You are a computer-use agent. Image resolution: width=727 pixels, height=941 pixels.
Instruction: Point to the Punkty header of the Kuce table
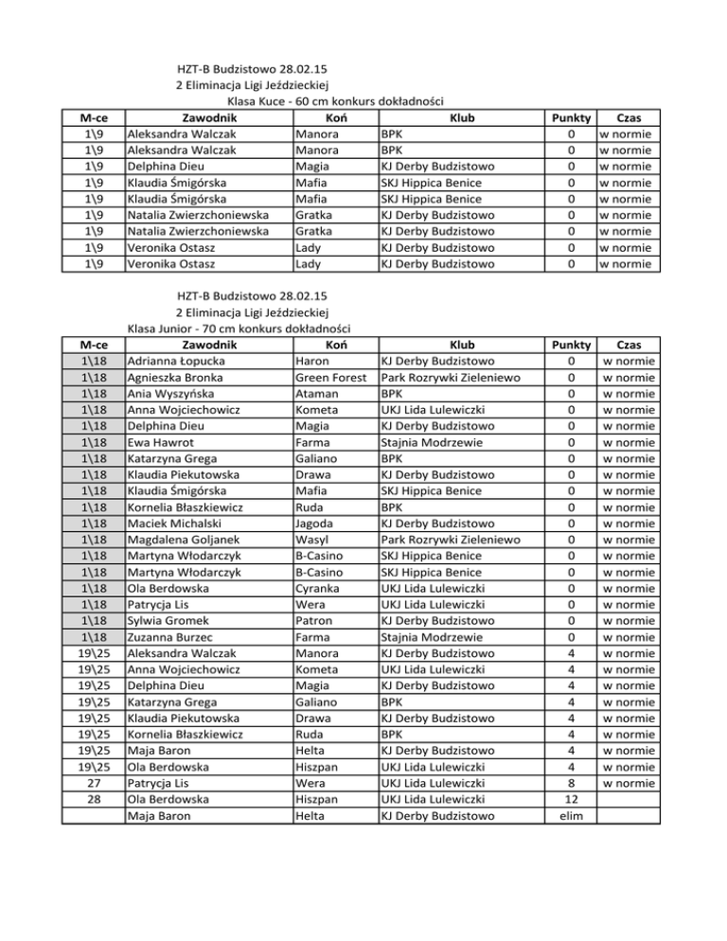coord(571,117)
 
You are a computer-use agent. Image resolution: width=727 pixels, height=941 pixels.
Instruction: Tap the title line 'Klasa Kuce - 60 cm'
coord(336,101)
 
